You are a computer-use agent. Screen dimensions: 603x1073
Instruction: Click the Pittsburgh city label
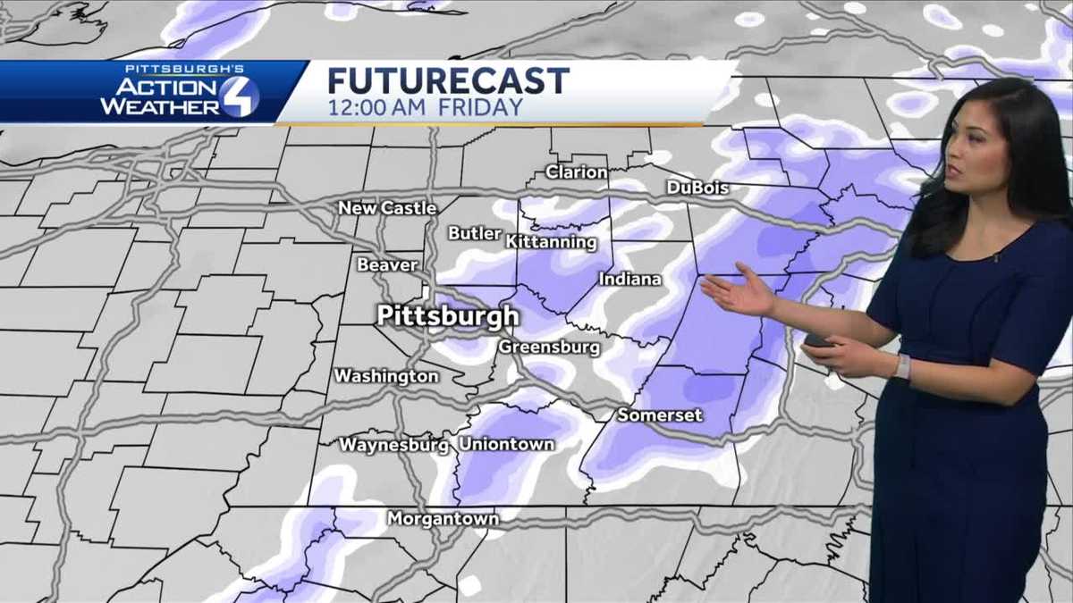coord(447,316)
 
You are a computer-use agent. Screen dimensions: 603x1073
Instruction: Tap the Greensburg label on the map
coord(549,347)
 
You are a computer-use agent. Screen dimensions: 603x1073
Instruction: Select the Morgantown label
coord(443,518)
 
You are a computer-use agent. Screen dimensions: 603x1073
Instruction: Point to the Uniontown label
coord(506,444)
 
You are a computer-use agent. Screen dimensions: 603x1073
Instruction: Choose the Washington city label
coord(386,376)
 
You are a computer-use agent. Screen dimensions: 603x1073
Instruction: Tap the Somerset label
coord(660,415)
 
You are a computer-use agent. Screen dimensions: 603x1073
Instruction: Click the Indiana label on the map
coord(630,280)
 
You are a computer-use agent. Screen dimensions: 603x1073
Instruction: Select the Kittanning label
coord(551,242)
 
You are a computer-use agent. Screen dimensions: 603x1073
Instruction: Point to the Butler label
coord(475,233)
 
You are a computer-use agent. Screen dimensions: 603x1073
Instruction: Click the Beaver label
coord(387,264)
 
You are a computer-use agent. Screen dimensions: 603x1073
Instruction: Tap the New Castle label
coord(387,208)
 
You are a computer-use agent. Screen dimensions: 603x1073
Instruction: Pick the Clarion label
coord(577,172)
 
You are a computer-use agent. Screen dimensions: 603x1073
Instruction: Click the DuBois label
coord(697,188)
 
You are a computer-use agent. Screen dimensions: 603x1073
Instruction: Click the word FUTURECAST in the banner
coord(448,80)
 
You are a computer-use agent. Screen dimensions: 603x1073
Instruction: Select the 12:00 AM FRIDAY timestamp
coord(425,108)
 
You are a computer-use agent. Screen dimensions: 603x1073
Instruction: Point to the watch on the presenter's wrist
coord(902,366)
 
